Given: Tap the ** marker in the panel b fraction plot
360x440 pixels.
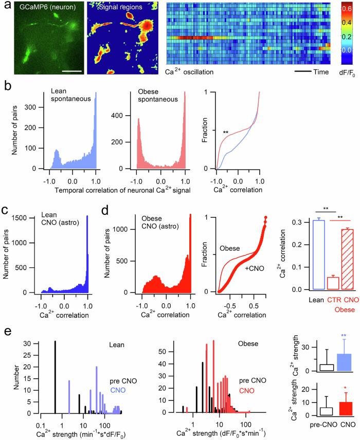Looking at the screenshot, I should [225, 133].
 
